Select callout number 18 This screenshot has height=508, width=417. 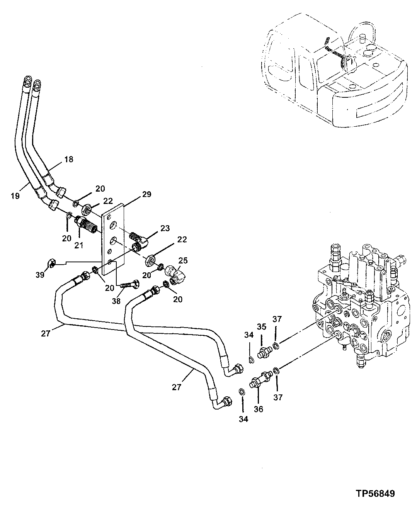coord(69,159)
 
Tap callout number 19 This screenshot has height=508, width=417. coord(15,196)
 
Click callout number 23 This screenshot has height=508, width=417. coord(165,228)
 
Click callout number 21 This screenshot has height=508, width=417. coord(79,245)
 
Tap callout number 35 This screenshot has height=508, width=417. coord(262,326)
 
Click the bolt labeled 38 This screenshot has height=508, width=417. coord(128,285)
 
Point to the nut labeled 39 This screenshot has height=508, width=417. coord(52,264)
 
